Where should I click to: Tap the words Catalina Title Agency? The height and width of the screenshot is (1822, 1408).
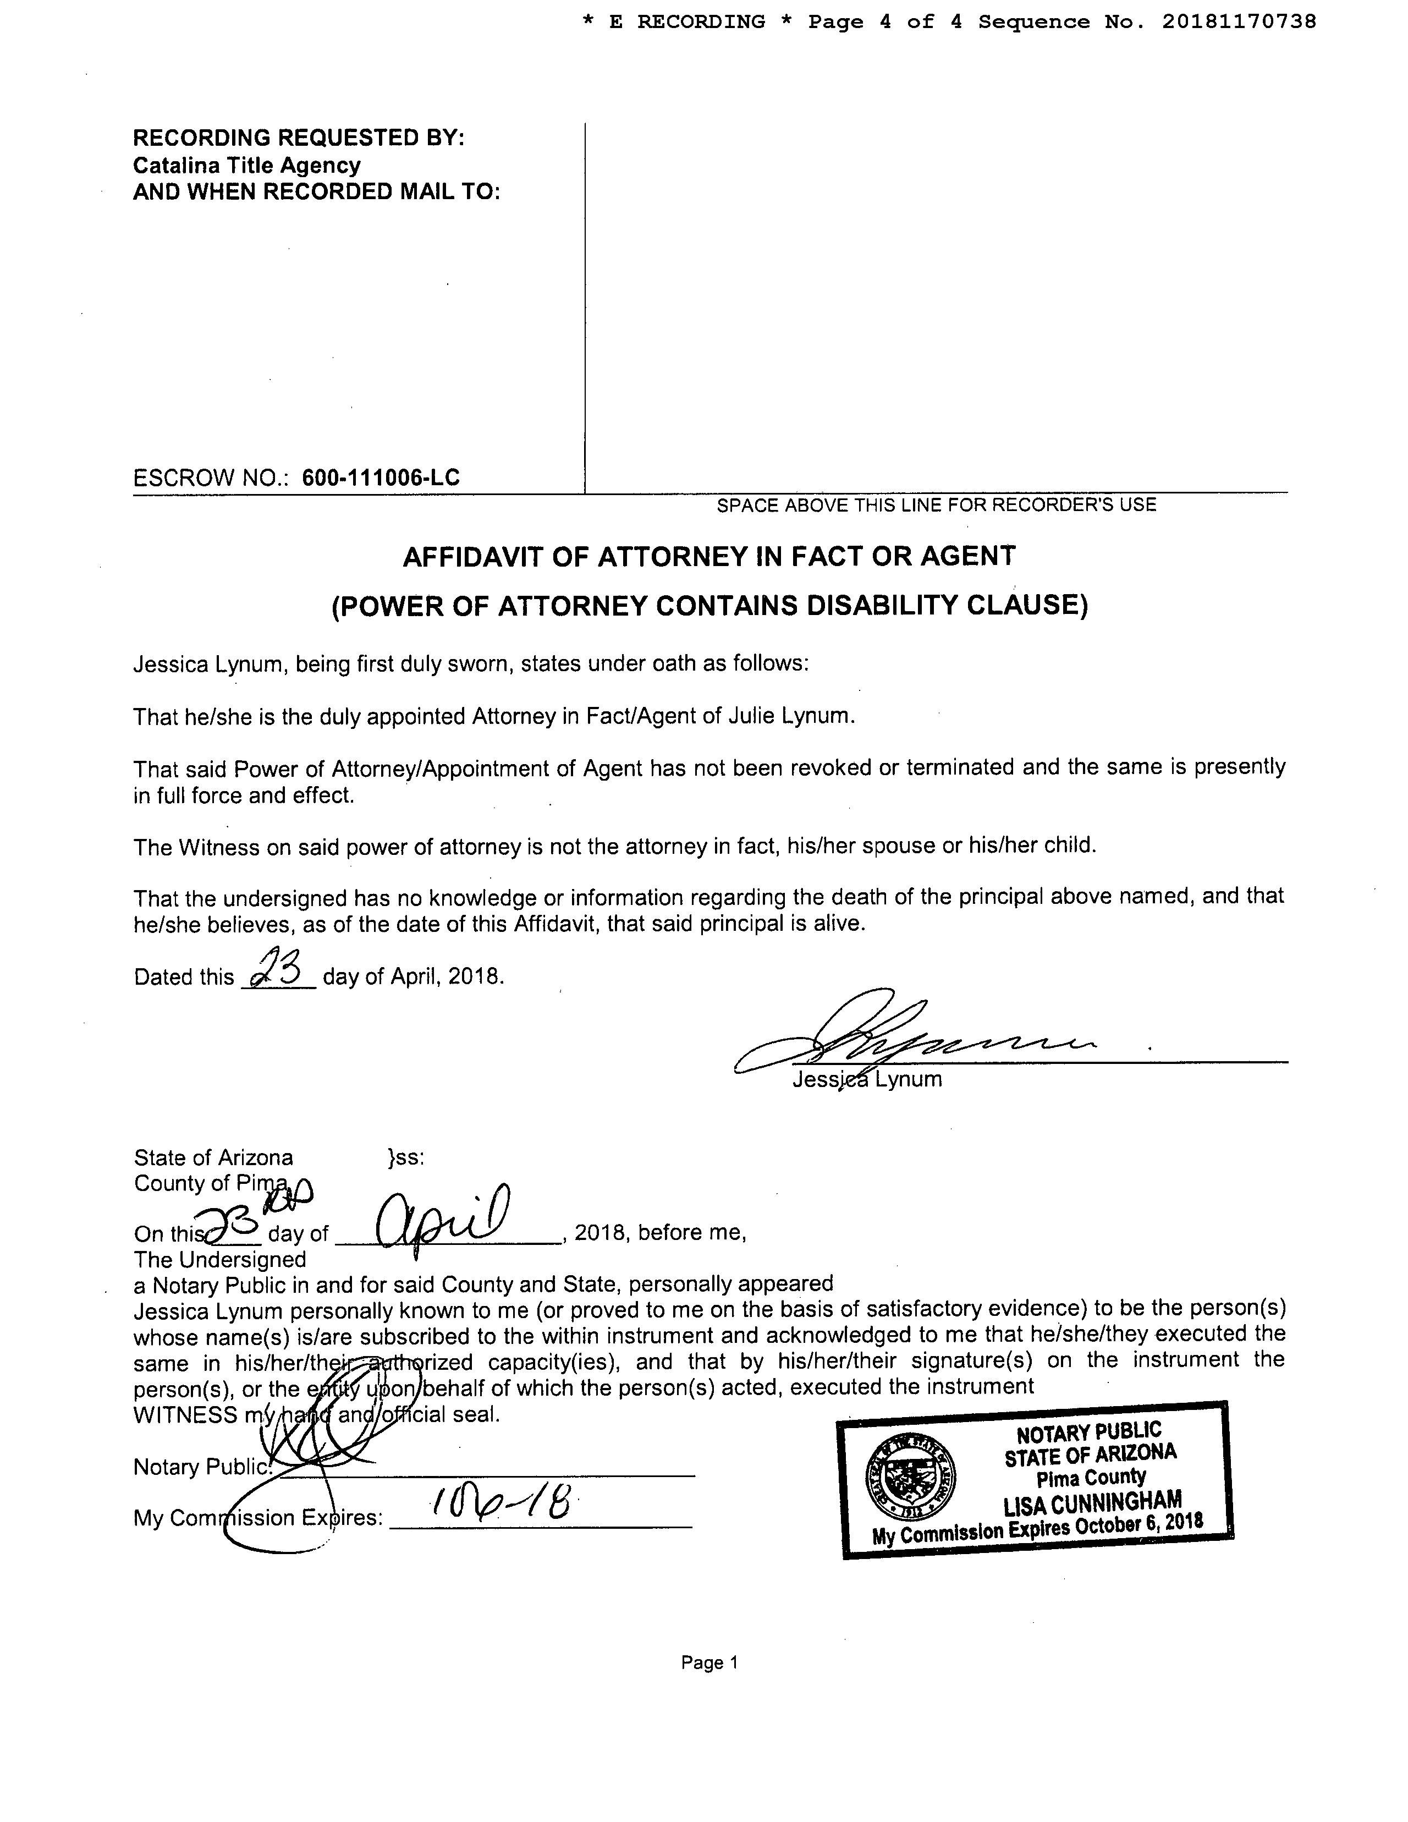point(247,165)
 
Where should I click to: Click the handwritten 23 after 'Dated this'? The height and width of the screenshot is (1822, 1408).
point(278,969)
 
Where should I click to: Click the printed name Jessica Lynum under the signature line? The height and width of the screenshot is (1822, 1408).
point(867,1079)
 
